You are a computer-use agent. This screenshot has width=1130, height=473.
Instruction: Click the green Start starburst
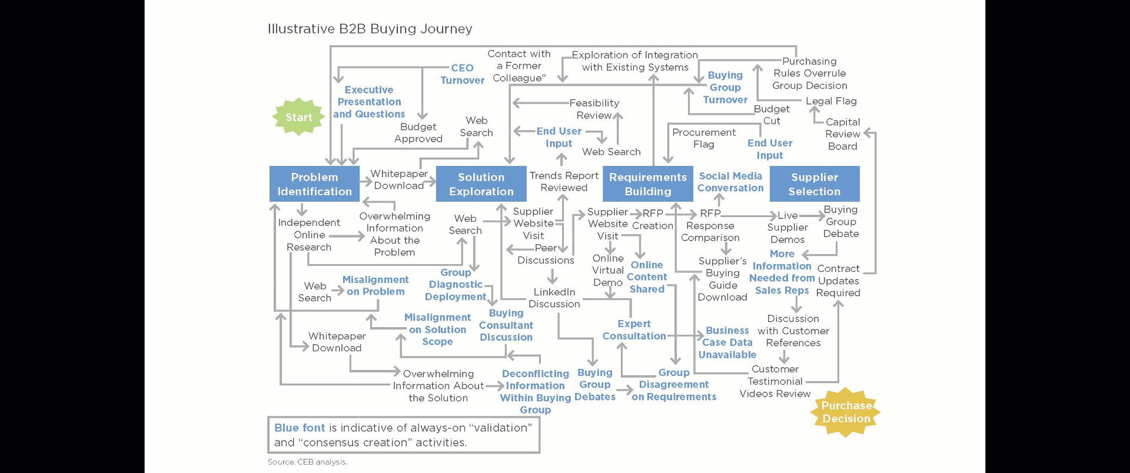298,117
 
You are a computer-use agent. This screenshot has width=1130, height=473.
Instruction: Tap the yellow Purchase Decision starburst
846,412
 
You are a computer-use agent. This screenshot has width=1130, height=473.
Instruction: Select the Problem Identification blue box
314,184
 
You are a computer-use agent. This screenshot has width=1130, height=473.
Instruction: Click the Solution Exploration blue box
481,184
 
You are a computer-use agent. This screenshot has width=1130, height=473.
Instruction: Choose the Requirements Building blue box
647,184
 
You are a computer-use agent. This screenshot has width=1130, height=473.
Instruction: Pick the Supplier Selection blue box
814,184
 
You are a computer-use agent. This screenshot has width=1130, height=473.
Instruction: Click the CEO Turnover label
462,74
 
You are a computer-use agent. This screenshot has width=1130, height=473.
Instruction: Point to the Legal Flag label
831,101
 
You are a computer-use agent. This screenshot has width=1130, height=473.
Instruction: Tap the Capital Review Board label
842,134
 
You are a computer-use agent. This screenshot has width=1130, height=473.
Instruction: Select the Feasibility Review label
594,109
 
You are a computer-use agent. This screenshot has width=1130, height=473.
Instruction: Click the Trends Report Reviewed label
564,181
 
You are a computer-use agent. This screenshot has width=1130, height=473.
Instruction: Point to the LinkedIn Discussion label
554,298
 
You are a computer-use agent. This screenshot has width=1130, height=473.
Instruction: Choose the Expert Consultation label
634,330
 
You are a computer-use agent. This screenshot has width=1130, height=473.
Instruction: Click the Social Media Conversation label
730,182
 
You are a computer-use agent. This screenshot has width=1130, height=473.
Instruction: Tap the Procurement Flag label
704,138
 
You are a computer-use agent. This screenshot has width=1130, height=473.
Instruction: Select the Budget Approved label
418,133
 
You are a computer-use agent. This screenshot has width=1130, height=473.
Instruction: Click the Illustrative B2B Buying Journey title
370,29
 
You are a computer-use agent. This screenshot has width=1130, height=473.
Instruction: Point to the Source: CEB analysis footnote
307,462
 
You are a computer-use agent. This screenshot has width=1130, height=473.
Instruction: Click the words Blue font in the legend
300,428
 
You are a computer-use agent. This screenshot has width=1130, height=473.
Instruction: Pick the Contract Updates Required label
838,281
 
